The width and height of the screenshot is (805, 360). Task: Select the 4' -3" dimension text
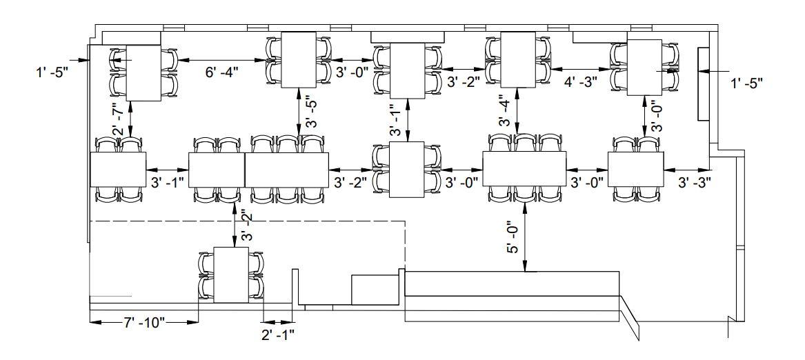point(580,81)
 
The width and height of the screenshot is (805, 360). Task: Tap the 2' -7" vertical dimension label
point(118,119)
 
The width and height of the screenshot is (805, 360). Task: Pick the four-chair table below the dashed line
point(232,274)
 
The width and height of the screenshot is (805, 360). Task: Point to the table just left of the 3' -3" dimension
point(635,169)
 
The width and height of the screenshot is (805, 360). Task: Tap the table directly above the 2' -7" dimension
point(143,72)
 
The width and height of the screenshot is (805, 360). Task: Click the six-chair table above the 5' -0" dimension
point(524,169)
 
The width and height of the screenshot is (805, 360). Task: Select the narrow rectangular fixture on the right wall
point(704,84)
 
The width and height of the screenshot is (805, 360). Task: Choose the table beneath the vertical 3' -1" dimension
point(408,170)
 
